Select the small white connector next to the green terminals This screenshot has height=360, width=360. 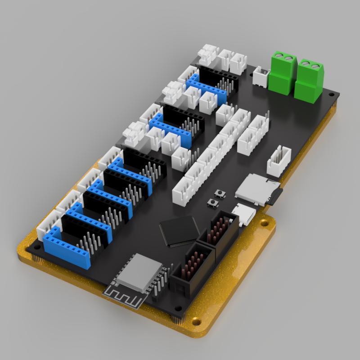click(x=261, y=76)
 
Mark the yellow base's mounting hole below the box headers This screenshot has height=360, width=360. click(x=196, y=322)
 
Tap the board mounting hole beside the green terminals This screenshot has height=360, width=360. click(x=331, y=96)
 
